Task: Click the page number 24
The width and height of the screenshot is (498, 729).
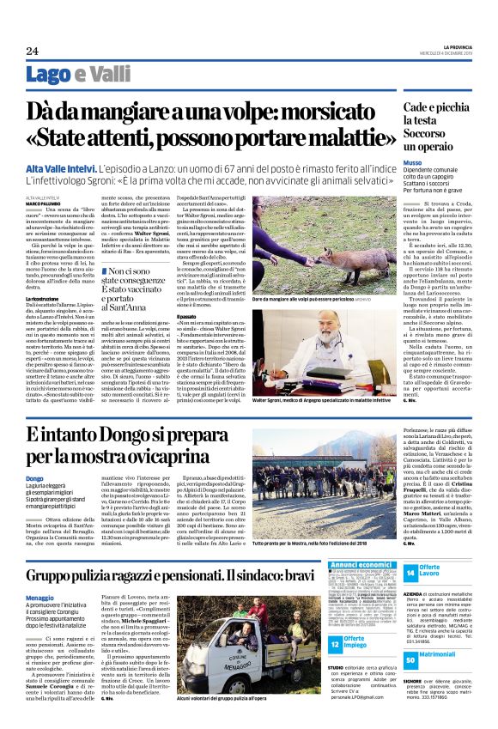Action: (33, 52)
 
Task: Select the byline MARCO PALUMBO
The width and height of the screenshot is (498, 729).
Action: (42, 203)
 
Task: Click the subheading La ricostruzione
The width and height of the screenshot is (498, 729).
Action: (44, 298)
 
